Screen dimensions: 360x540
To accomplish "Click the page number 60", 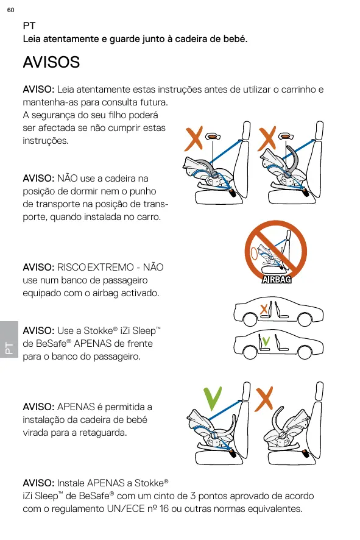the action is [x=11, y=10].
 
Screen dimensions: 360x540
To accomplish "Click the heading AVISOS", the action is [x=51, y=62].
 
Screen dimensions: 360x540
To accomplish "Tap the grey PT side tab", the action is [x=9, y=339].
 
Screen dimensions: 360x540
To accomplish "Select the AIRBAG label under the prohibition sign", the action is [x=277, y=279].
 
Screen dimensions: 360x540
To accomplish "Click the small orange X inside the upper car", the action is [x=264, y=309].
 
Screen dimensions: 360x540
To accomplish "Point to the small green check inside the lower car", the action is [x=266, y=341].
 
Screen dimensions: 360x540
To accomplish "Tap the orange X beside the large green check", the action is [x=264, y=399].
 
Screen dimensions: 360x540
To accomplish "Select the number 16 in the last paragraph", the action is [x=164, y=509].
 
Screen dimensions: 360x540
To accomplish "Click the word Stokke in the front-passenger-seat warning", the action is [x=98, y=330].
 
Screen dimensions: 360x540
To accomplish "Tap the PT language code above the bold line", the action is [x=29, y=26].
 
